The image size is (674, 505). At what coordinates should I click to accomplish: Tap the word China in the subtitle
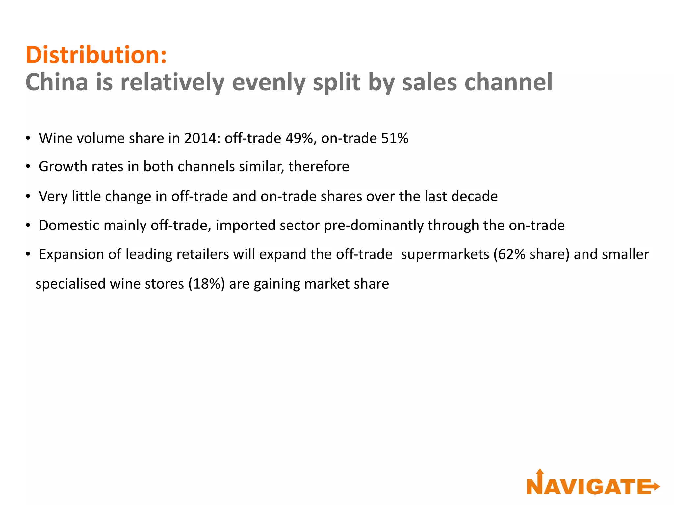click(57, 82)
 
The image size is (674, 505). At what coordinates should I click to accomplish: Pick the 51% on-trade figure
click(395, 138)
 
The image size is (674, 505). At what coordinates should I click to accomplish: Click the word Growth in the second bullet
click(63, 167)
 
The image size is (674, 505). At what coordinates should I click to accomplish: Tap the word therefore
click(319, 167)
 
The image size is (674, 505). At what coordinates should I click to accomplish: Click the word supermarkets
click(445, 254)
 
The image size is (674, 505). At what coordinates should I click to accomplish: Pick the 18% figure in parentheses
click(206, 284)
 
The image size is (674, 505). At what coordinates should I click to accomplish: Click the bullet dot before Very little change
click(28, 197)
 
